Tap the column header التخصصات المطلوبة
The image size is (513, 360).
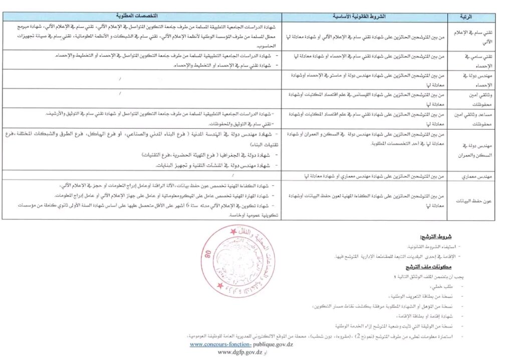[142, 17]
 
